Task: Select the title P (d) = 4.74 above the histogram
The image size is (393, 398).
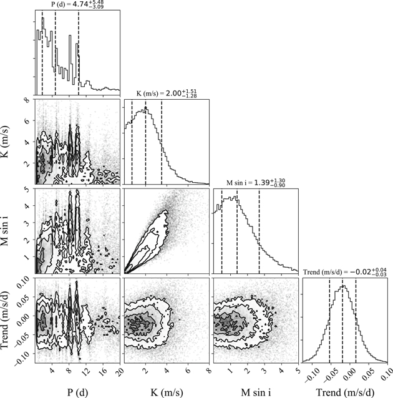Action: click(75, 7)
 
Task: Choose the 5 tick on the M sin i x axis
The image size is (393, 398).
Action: click(298, 369)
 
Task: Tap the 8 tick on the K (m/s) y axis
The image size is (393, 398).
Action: click(27, 100)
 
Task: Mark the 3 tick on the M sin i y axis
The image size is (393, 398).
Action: click(27, 221)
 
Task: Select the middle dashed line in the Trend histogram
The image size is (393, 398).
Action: click(342, 318)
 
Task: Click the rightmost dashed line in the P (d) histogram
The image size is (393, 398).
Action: click(79, 50)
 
